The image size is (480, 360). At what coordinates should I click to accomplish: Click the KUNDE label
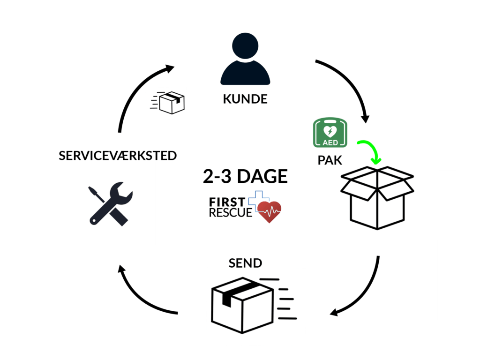point(245,99)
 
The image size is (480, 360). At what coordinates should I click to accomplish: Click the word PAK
point(330,160)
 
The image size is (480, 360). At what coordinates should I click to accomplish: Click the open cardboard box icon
point(377,197)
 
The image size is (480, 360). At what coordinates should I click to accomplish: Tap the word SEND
point(245,262)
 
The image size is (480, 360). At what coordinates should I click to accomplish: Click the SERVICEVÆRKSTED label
point(118,156)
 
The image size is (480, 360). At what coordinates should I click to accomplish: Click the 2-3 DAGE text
point(245,177)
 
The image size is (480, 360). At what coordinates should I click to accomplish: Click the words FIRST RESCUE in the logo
point(227,208)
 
